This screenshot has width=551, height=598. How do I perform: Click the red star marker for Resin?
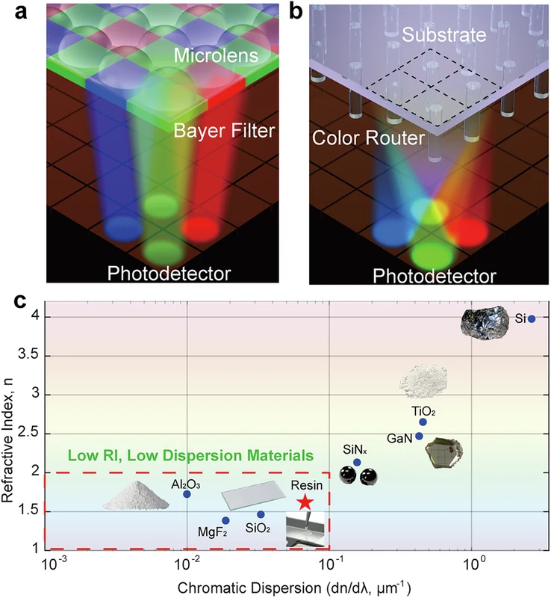[305, 502]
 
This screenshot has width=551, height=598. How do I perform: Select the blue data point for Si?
[532, 319]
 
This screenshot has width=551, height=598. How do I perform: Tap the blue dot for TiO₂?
[423, 422]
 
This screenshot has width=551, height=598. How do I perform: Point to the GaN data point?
[419, 436]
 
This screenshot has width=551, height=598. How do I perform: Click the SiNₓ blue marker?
[357, 462]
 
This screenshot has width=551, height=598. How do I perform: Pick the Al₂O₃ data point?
[187, 494]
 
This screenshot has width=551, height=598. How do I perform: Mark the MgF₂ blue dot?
[225, 520]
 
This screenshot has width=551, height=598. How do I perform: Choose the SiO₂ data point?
[261, 514]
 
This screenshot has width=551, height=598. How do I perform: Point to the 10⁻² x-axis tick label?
[187, 563]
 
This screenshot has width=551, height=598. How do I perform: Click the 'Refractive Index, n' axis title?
[7, 440]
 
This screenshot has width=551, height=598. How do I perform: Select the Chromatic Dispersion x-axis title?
[293, 588]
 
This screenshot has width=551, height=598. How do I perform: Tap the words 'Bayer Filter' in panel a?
[224, 131]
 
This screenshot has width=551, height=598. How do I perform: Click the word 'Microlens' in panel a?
[216, 55]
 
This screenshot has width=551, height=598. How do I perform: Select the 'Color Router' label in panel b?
[368, 138]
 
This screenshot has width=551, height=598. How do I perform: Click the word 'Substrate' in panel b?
[444, 34]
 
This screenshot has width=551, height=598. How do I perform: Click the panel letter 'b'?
[296, 12]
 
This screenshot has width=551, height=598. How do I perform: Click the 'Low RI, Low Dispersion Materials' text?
[190, 455]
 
